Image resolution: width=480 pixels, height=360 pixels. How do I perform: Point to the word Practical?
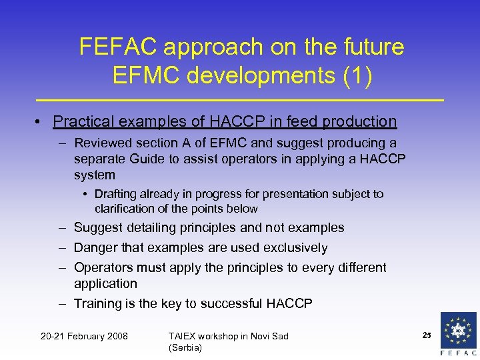(x=81, y=121)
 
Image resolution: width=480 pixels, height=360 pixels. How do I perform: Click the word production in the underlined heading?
(x=359, y=121)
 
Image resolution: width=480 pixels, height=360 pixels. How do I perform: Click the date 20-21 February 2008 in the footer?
(x=85, y=336)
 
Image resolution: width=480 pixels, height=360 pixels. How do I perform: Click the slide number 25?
(x=427, y=334)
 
